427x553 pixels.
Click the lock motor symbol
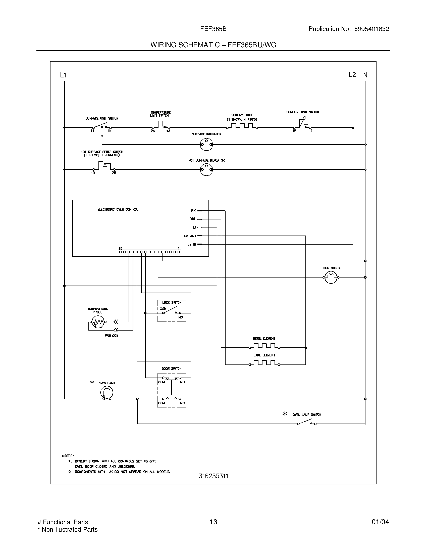pos(331,277)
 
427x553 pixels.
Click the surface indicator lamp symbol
pos(206,145)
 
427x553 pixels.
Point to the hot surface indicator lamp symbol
pos(206,169)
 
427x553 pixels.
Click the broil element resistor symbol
pos(264,346)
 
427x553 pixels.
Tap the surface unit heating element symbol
pos(242,126)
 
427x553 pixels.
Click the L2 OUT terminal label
pos(190,236)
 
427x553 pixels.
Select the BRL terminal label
pos(192,219)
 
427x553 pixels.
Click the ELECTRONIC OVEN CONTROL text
pos(118,209)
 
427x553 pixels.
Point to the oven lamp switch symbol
pos(307,423)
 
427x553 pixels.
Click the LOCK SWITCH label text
pos(172,302)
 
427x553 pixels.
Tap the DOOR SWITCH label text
pos(172,368)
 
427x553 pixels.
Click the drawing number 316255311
pos(213,476)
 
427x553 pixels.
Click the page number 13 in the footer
pos(213,522)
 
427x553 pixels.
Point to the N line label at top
pos(365,75)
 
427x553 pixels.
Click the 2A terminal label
pos(153,131)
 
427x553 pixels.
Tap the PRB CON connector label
pos(111,336)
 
